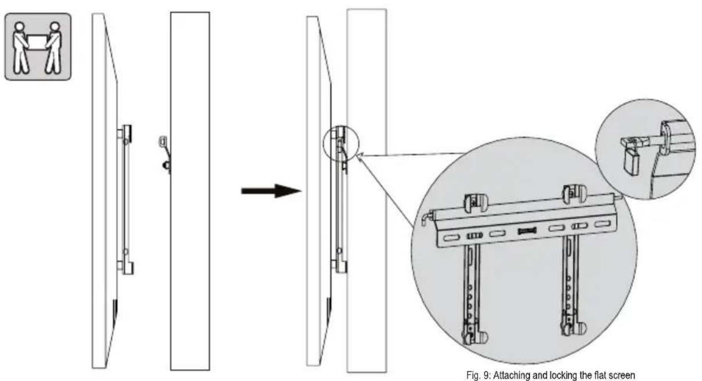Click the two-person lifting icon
pyautogui.click(x=38, y=47)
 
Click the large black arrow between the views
pyautogui.click(x=272, y=190)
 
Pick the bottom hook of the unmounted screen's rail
pyautogui.click(x=126, y=268)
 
